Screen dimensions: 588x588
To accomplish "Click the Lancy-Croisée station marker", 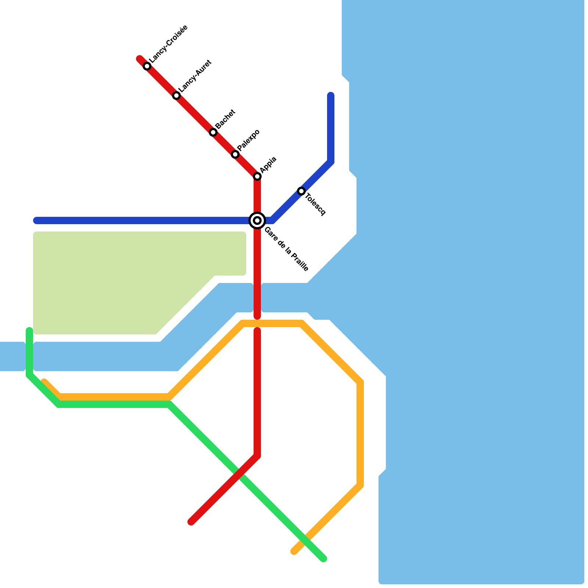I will coord(147,66).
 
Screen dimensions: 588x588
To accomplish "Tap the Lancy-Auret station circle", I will coord(176,96).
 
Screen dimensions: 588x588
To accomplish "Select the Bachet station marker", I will coord(213,132).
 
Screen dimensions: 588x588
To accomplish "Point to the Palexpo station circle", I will coord(235,154).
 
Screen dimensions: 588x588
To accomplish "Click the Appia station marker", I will coord(257,176).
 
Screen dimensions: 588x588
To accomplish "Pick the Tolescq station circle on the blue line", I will coord(301,191).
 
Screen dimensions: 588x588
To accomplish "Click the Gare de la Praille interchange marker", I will coord(257,220).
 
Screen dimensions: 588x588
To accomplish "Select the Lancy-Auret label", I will coord(195,76).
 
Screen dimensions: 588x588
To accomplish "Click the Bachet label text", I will coord(225,119).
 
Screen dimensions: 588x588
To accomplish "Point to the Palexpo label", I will coord(248,140).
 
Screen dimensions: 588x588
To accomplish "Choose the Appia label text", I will coord(268,165).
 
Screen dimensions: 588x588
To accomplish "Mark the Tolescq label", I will coord(315,204).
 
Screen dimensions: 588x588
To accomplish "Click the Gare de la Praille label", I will coord(286,249).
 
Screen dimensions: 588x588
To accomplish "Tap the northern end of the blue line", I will coord(331,96).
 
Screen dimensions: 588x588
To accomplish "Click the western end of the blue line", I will coord(36,220).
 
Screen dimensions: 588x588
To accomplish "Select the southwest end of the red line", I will coord(191,522).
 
